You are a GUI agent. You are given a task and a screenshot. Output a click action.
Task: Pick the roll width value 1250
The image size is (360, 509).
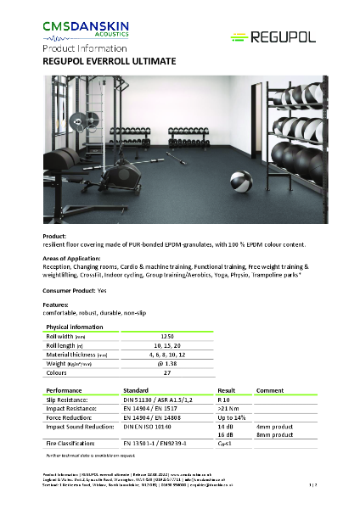(x=167, y=336)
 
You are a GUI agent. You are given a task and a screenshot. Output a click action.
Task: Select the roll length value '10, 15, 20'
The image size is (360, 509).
(x=167, y=345)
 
